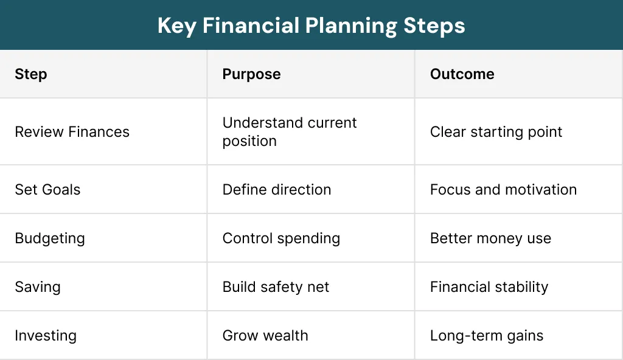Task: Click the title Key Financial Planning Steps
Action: coord(311,26)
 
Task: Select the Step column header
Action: coord(31,74)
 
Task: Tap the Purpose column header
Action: coord(251,74)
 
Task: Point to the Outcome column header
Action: coord(462,74)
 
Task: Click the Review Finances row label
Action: coord(72,132)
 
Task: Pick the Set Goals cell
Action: coord(47,189)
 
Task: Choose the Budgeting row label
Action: coord(50,238)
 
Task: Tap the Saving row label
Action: coord(38,287)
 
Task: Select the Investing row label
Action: coord(46,336)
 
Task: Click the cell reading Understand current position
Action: coord(289,132)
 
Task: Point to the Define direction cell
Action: coord(277,189)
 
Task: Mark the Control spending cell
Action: coord(281,238)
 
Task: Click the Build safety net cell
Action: coord(276,287)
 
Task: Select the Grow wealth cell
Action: coord(265,336)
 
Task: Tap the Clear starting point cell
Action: coord(496,132)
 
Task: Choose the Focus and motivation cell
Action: coord(503,189)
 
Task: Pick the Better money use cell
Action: coord(490,238)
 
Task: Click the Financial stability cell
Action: coord(489,287)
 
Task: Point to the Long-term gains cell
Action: coord(487,336)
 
